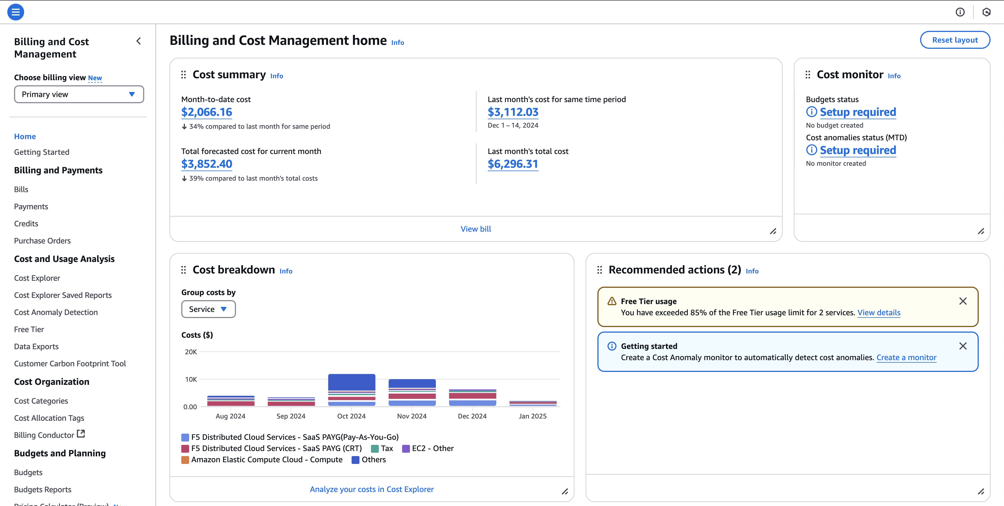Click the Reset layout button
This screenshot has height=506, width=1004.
point(955,40)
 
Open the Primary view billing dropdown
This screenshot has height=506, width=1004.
point(79,94)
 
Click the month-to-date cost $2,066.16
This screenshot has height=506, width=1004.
point(207,112)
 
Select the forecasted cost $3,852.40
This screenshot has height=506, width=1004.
point(207,164)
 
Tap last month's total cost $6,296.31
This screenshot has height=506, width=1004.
point(513,164)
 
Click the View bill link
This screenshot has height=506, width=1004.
point(476,229)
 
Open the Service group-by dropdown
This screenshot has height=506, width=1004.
point(208,309)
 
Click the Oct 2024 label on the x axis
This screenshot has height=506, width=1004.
point(351,416)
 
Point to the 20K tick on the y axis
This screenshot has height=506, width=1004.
point(191,352)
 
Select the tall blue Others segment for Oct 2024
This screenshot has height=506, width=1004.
point(352,382)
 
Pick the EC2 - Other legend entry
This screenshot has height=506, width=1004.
point(428,448)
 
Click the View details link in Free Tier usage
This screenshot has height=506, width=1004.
point(879,313)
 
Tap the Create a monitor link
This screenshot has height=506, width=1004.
point(906,358)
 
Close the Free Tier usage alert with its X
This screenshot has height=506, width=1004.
point(963,301)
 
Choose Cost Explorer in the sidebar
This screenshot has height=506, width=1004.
point(37,278)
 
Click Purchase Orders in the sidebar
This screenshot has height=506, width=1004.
point(42,241)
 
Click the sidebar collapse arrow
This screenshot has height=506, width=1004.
point(139,41)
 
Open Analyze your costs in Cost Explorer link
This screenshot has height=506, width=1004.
point(372,489)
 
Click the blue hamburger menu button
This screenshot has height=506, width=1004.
point(16,12)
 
